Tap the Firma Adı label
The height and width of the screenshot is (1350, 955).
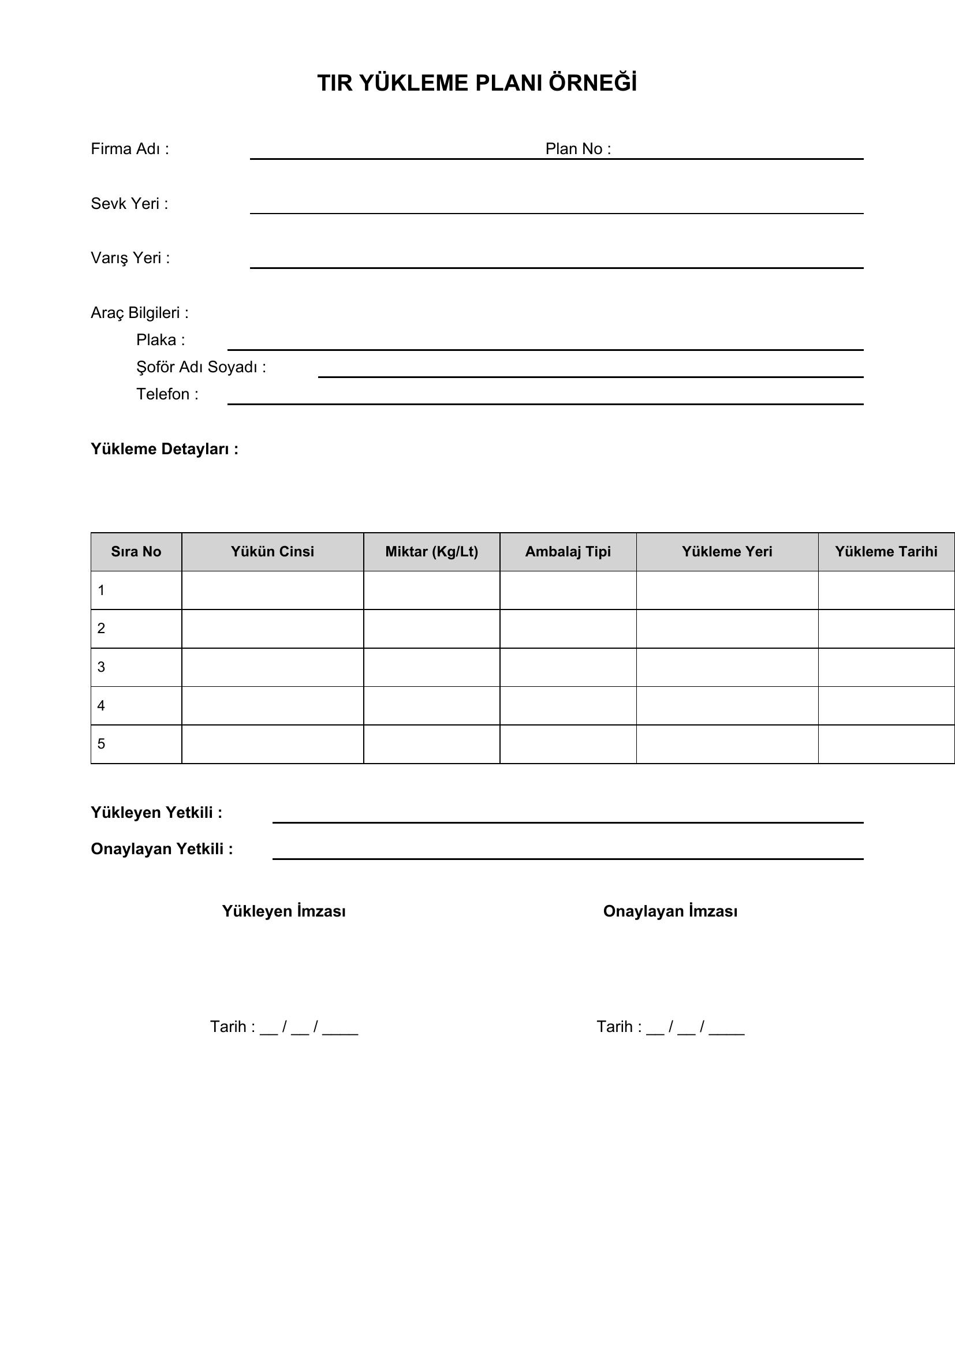[x=129, y=149]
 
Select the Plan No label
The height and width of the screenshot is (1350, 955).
[x=577, y=149]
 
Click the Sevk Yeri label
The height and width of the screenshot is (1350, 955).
[x=129, y=203]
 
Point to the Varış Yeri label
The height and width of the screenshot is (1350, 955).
[x=130, y=258]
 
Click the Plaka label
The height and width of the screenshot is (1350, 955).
[x=160, y=340]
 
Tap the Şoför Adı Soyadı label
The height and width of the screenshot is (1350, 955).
[x=200, y=367]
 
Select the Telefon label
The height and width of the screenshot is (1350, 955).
[x=167, y=394]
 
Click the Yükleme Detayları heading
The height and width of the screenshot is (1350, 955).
[x=164, y=449]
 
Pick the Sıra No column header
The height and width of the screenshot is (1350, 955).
[x=136, y=552]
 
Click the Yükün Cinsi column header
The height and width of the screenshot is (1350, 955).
[x=273, y=552]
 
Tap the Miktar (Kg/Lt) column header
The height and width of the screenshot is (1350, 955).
[x=432, y=552]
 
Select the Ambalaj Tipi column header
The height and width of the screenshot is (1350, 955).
[x=568, y=552]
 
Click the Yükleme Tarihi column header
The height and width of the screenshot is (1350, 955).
[x=886, y=552]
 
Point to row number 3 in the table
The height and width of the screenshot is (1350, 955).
[x=101, y=667]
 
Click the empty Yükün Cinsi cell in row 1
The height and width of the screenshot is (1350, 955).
[x=273, y=590]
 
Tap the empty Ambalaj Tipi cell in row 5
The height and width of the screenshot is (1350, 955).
[x=568, y=744]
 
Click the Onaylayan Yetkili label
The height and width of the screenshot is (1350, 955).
[x=162, y=849]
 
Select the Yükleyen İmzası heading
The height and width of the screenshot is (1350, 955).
[x=283, y=911]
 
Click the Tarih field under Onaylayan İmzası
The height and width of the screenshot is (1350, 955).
[x=670, y=1027]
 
